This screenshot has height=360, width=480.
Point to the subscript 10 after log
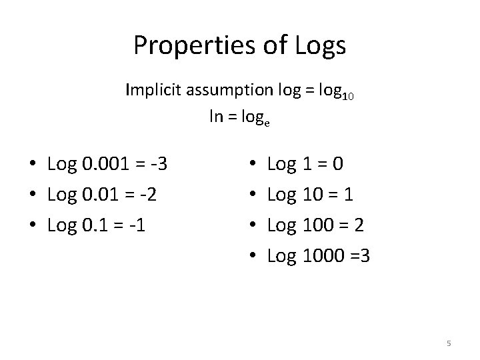pyautogui.click(x=347, y=96)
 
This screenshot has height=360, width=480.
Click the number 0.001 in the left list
pyautogui.click(x=107, y=163)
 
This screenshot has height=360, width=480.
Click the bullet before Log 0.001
pyautogui.click(x=32, y=164)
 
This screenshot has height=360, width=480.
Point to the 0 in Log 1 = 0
pyautogui.click(x=340, y=163)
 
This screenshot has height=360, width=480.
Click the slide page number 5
pyautogui.click(x=449, y=343)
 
